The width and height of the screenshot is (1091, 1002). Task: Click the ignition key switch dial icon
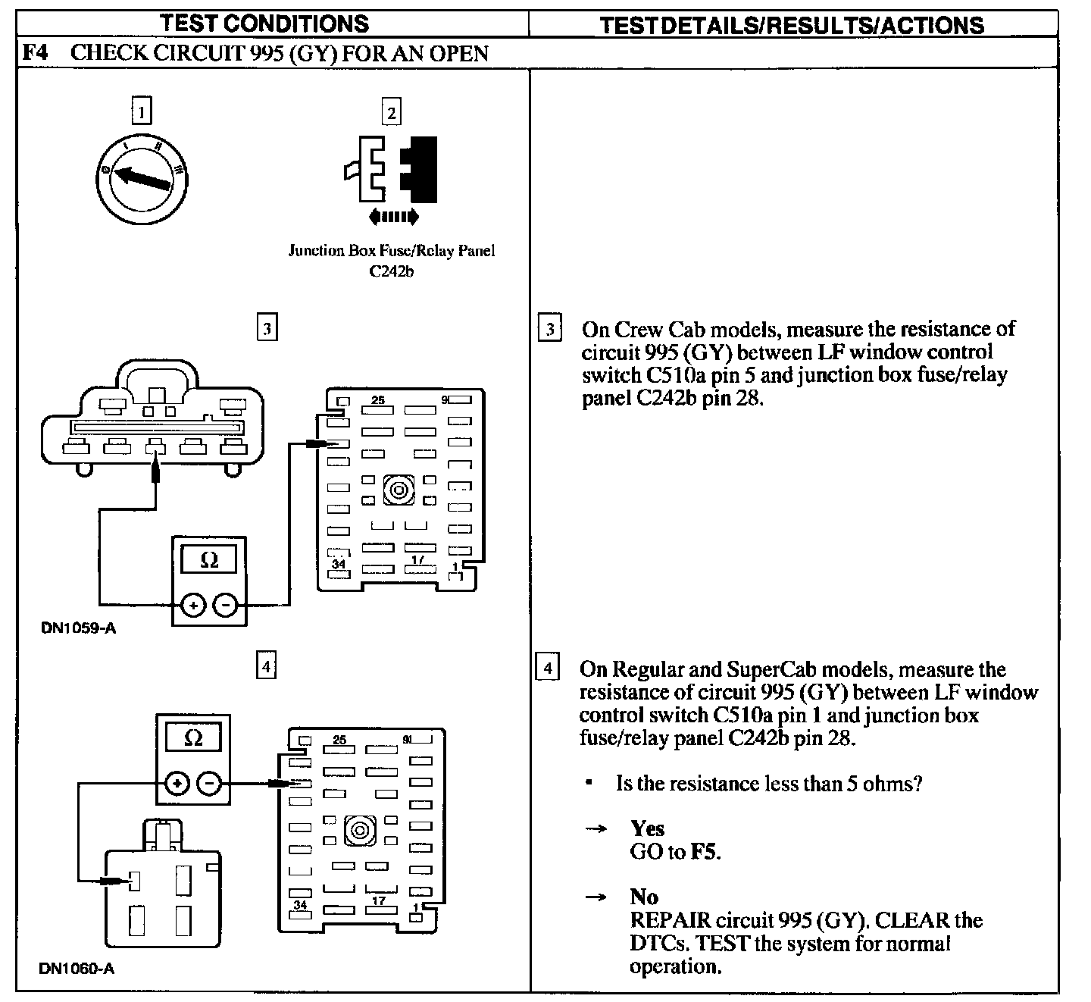point(142,180)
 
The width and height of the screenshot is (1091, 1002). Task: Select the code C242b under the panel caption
point(391,271)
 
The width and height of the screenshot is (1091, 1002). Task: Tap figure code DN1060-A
point(77,969)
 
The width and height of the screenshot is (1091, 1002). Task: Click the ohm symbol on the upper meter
point(209,560)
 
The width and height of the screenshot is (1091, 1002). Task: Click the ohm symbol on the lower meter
point(193,737)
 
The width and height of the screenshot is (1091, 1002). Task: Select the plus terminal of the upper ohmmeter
point(192,605)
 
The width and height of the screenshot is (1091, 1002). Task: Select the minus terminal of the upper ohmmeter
point(225,605)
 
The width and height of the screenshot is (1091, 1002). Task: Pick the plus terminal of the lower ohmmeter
point(177,783)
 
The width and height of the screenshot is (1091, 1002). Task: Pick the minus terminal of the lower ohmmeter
point(209,783)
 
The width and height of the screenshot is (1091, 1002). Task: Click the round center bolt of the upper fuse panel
point(399,490)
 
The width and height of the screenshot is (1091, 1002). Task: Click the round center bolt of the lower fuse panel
point(360,830)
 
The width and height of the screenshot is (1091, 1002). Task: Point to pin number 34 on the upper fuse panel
point(338,565)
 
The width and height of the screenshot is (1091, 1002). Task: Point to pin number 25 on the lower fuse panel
point(339,740)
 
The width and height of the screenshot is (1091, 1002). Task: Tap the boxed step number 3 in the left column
point(267,328)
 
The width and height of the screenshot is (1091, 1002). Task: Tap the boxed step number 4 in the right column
point(547,669)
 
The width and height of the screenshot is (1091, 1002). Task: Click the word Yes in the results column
point(647,828)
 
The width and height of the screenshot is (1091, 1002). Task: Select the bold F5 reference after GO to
point(705,851)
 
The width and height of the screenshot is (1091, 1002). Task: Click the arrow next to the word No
point(597,897)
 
